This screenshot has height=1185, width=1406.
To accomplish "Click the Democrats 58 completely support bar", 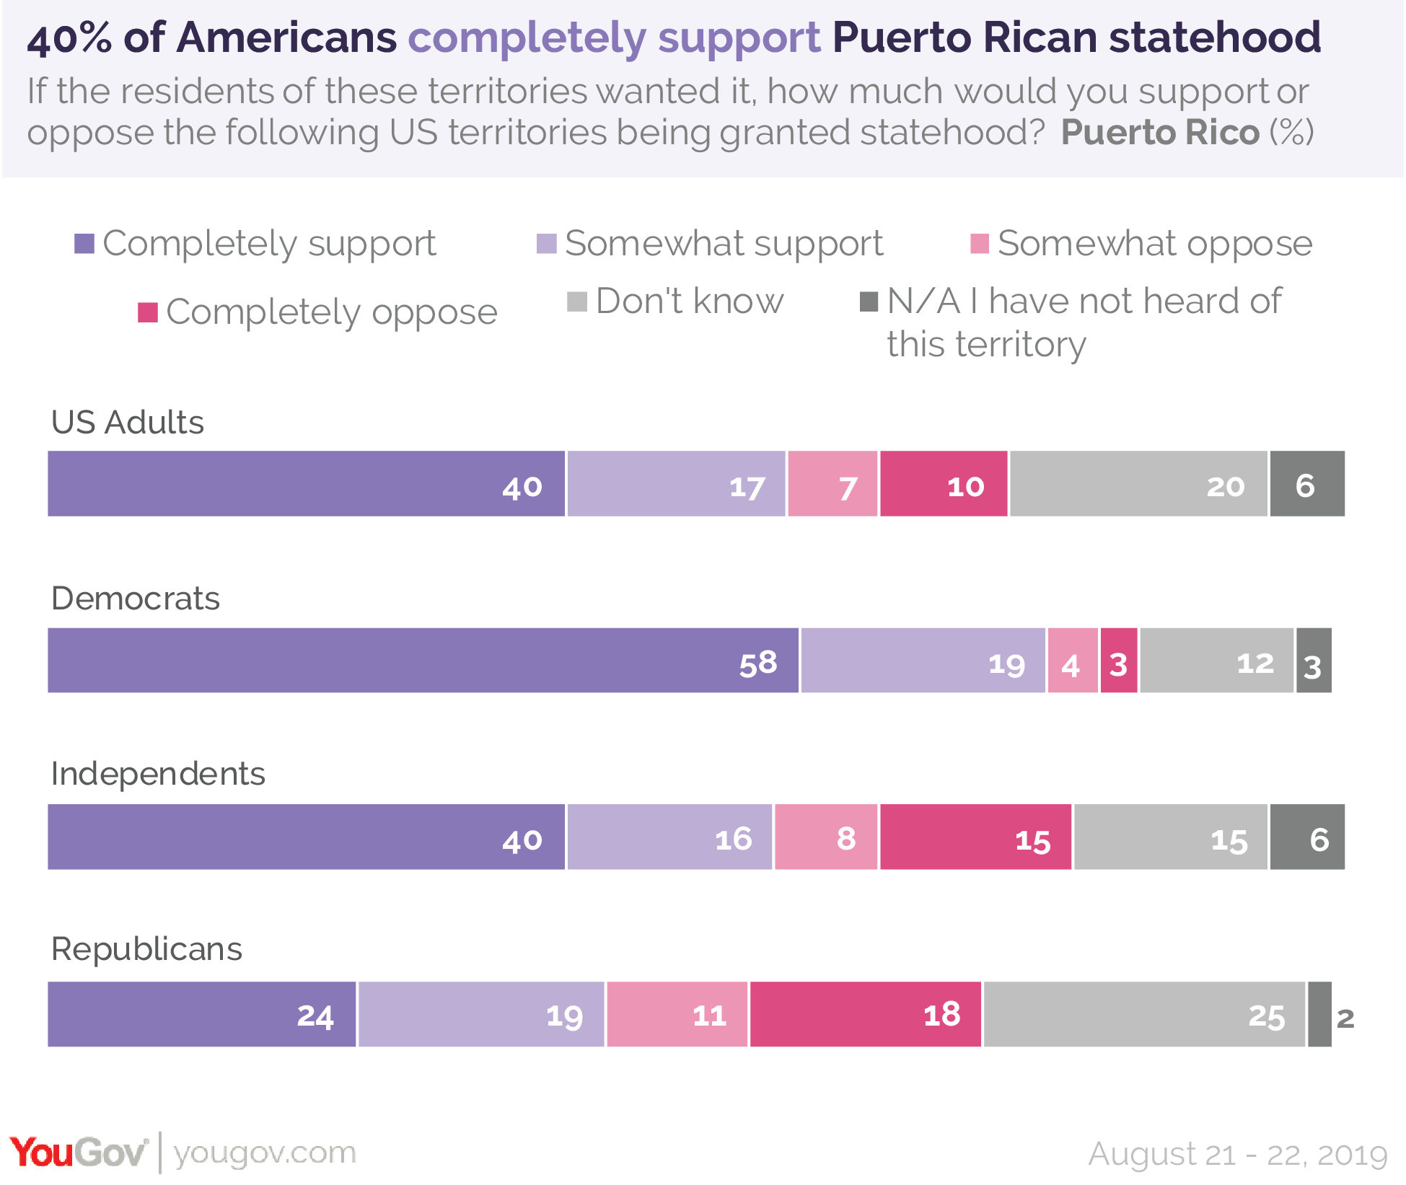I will point(423,660).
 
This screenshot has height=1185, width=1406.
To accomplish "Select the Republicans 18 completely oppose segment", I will point(865,1013).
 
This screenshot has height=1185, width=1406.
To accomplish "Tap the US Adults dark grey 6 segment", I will point(1306,483).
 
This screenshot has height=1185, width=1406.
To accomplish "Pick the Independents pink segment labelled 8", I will point(826,837).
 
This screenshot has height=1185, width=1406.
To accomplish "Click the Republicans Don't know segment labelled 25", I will point(1144,1013).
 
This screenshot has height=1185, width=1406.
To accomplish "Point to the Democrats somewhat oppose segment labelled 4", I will point(1073,660).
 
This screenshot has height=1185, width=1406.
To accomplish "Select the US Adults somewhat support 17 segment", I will point(676,483).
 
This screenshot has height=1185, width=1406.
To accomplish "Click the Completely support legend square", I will point(84,244).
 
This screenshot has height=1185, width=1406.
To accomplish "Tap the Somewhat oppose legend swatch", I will point(980,244).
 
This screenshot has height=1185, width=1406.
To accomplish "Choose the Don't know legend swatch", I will point(577,301).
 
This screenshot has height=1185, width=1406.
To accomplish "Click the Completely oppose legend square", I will point(148,312).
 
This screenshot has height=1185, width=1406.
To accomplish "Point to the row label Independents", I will point(158,774).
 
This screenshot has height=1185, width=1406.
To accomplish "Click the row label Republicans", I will point(146,949).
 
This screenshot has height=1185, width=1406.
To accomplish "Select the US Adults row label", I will point(128,423).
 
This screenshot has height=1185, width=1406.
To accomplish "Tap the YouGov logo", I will point(78,1152).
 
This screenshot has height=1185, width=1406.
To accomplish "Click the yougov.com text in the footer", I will point(265,1153).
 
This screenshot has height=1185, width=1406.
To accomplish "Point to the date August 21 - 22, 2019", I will point(1237,1154).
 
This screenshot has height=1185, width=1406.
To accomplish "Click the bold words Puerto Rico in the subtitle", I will point(1160,133).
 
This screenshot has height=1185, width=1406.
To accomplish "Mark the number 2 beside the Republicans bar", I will point(1345,1018).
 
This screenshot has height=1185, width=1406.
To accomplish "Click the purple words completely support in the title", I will point(614,38).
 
